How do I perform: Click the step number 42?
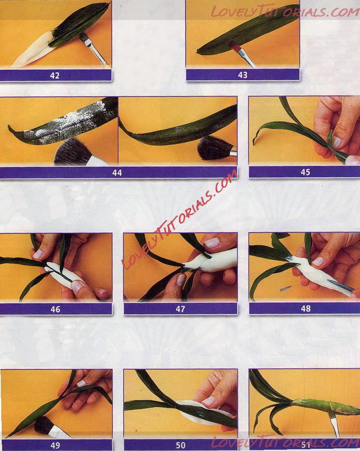55,76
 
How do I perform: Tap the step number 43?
243,75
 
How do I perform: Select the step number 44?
117,173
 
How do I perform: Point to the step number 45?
305,172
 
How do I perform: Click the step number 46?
55,309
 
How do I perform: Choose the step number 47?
180,309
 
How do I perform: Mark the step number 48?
306,309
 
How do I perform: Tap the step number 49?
55,445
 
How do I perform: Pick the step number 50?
180,445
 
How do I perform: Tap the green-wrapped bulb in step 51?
325,405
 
